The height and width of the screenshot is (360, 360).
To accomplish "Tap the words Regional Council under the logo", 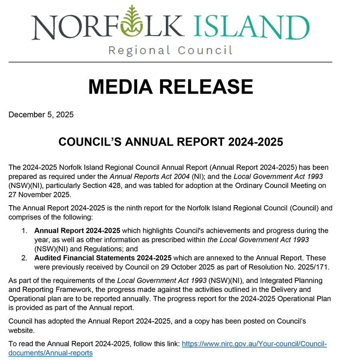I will (x=170, y=51).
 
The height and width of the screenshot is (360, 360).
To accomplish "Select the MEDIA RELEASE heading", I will (x=170, y=87).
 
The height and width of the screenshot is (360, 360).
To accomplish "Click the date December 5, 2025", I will (x=41, y=115).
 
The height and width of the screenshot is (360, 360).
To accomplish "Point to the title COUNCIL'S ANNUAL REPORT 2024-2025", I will (x=170, y=142).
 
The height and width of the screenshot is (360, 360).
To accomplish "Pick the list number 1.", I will (x=24, y=231).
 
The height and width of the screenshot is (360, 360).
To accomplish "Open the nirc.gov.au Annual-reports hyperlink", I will (x=254, y=344).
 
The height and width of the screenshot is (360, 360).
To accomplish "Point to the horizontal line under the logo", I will (x=170, y=62).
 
